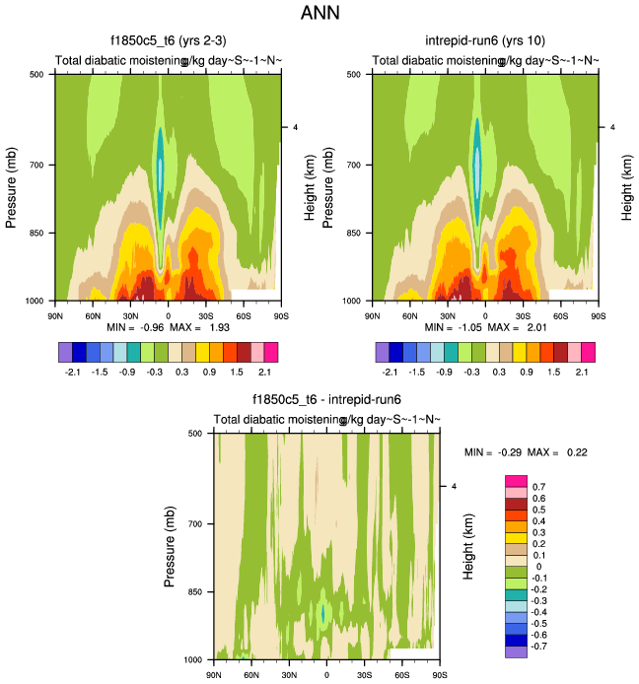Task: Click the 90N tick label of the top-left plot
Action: (54, 314)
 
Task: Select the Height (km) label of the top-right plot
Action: (627, 186)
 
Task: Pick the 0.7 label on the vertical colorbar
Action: (539, 487)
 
